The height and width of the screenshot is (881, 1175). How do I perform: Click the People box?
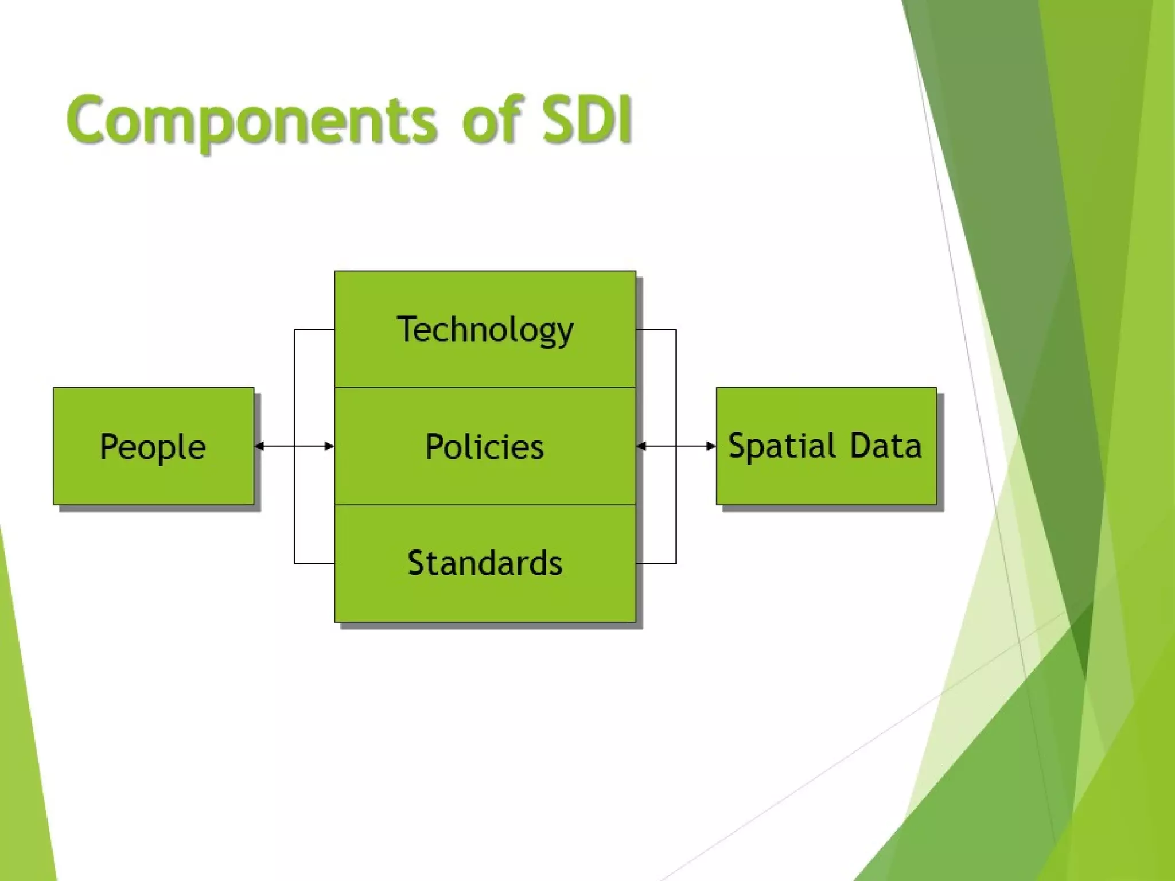pos(153,446)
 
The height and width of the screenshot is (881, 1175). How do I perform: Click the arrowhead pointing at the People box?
pos(259,446)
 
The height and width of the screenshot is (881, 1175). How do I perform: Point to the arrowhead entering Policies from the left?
pos(329,446)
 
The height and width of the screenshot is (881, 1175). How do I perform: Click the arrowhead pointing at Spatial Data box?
pos(711,446)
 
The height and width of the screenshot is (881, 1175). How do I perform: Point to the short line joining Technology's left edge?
pos(314,330)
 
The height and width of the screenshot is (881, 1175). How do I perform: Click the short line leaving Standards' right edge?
pos(656,563)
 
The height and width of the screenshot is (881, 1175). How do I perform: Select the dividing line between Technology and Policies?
pos(485,388)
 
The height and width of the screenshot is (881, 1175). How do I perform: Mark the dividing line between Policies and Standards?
pos(485,505)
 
